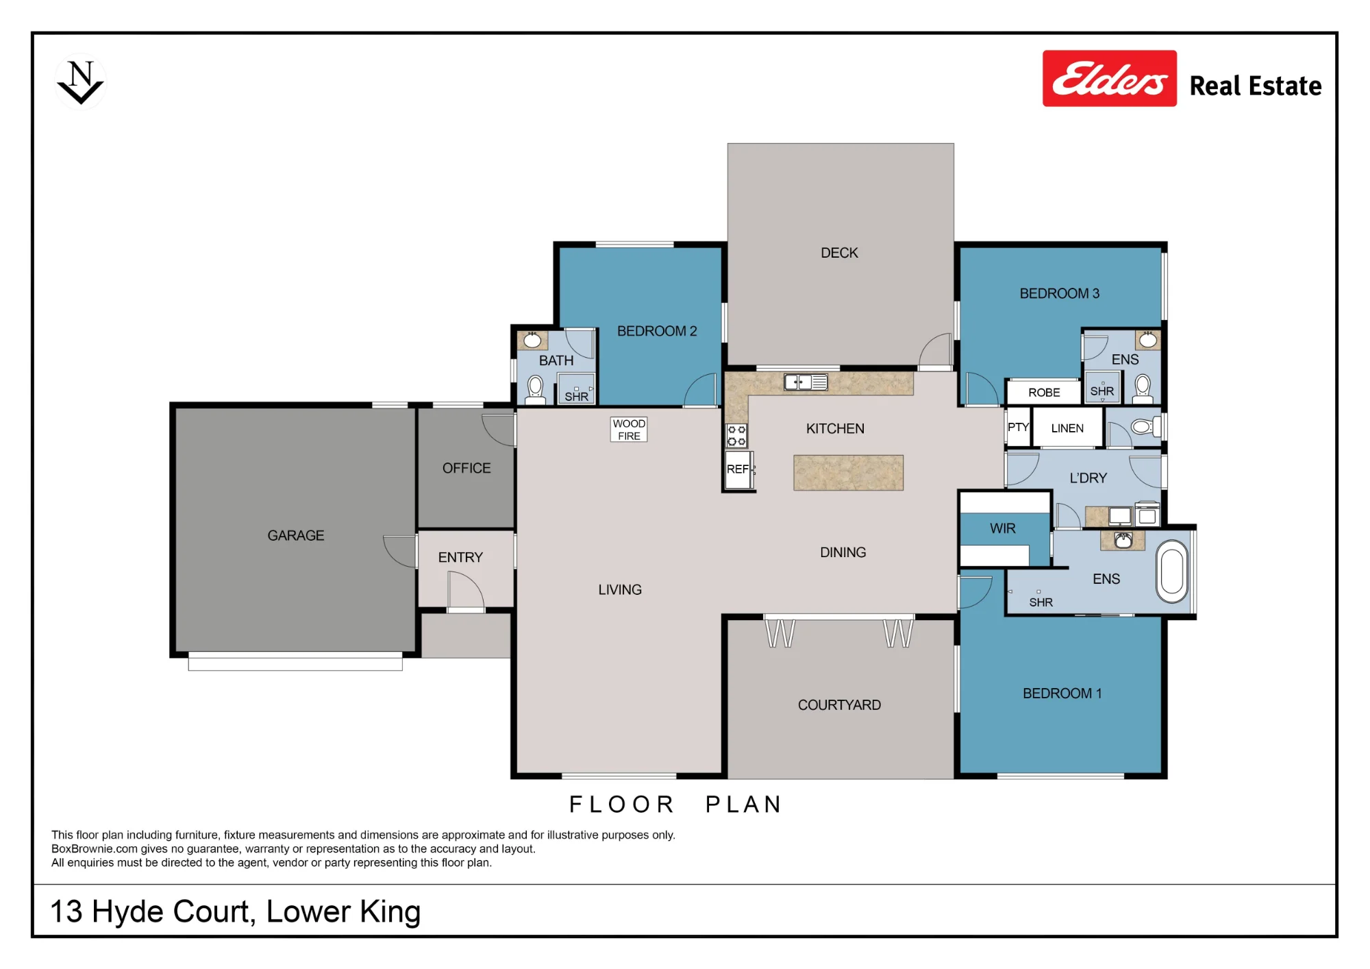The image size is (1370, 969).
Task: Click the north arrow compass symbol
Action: [81, 82]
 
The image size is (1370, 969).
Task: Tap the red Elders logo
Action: [1110, 78]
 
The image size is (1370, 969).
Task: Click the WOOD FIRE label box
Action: [629, 430]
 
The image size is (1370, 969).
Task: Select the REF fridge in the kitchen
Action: [739, 469]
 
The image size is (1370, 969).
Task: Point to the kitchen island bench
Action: [848, 473]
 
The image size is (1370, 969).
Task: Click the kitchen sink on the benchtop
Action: [806, 382]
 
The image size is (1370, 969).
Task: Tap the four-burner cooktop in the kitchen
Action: [736, 436]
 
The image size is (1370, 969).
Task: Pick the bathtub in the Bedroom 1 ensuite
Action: [1172, 572]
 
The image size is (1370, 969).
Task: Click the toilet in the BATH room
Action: [535, 389]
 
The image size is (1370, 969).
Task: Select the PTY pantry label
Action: [1018, 427]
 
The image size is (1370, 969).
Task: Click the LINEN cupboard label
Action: [1067, 428]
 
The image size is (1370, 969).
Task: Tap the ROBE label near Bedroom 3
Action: [1044, 393]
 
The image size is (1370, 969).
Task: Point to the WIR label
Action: [1003, 528]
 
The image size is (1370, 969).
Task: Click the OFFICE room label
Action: [466, 468]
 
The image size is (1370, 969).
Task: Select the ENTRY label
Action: [460, 557]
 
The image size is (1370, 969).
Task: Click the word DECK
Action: [839, 253]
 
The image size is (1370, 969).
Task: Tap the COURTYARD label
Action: [839, 705]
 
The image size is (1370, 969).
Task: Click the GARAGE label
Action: [296, 535]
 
